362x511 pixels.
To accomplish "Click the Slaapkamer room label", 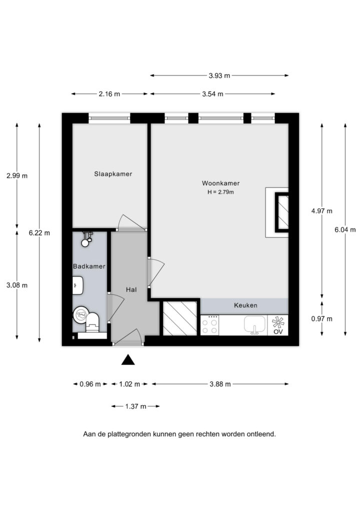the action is coord(113,174).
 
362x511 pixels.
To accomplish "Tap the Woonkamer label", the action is coord(220,183).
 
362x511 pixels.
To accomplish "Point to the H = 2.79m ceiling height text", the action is coord(220,192).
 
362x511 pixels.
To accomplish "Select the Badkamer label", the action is coord(89,266).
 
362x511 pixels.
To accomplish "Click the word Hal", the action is coord(131,290).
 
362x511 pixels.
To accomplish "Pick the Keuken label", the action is coord(245,305).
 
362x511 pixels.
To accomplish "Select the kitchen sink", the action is coord(254,324).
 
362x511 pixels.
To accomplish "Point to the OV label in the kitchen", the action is coord(278,332).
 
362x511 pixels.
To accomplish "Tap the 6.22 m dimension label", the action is coord(39,233).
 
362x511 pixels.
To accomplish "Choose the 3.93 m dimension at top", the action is coord(219,76).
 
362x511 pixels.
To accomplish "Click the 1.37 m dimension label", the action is coord(135,406).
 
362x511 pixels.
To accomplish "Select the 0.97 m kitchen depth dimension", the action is coord(322,319).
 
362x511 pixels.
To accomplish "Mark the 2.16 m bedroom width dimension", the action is coord(109,94).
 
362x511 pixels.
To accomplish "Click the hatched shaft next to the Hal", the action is coord(179,318).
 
